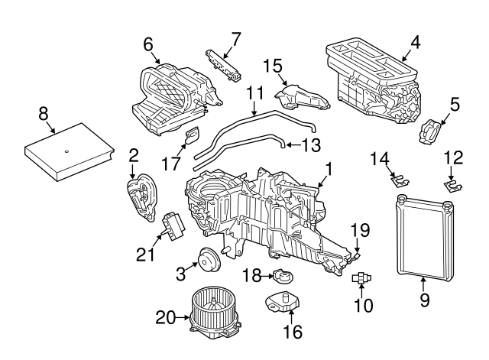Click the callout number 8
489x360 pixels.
43,113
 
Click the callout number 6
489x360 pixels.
148,45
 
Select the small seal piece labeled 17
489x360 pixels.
191,137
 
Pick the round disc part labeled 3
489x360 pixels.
207,259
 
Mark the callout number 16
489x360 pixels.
293,331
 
